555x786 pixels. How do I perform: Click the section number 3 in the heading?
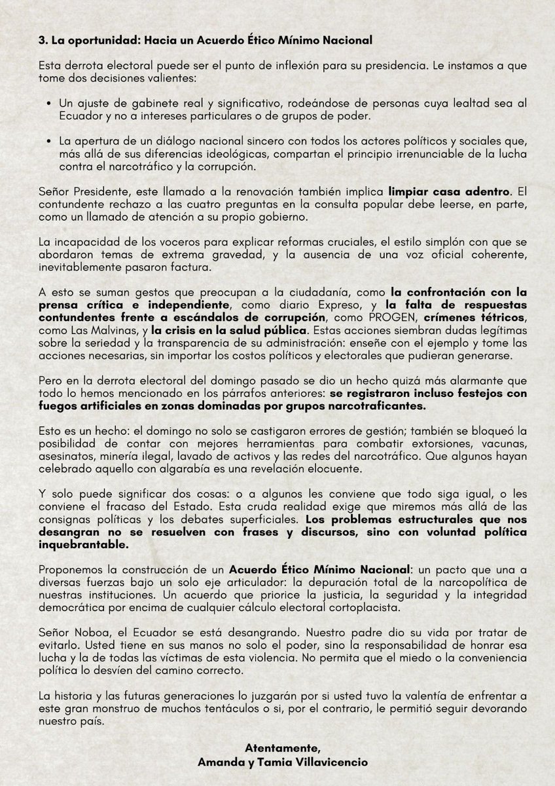point(42,41)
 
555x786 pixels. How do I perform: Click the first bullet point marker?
point(51,105)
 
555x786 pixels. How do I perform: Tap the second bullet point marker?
point(51,141)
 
